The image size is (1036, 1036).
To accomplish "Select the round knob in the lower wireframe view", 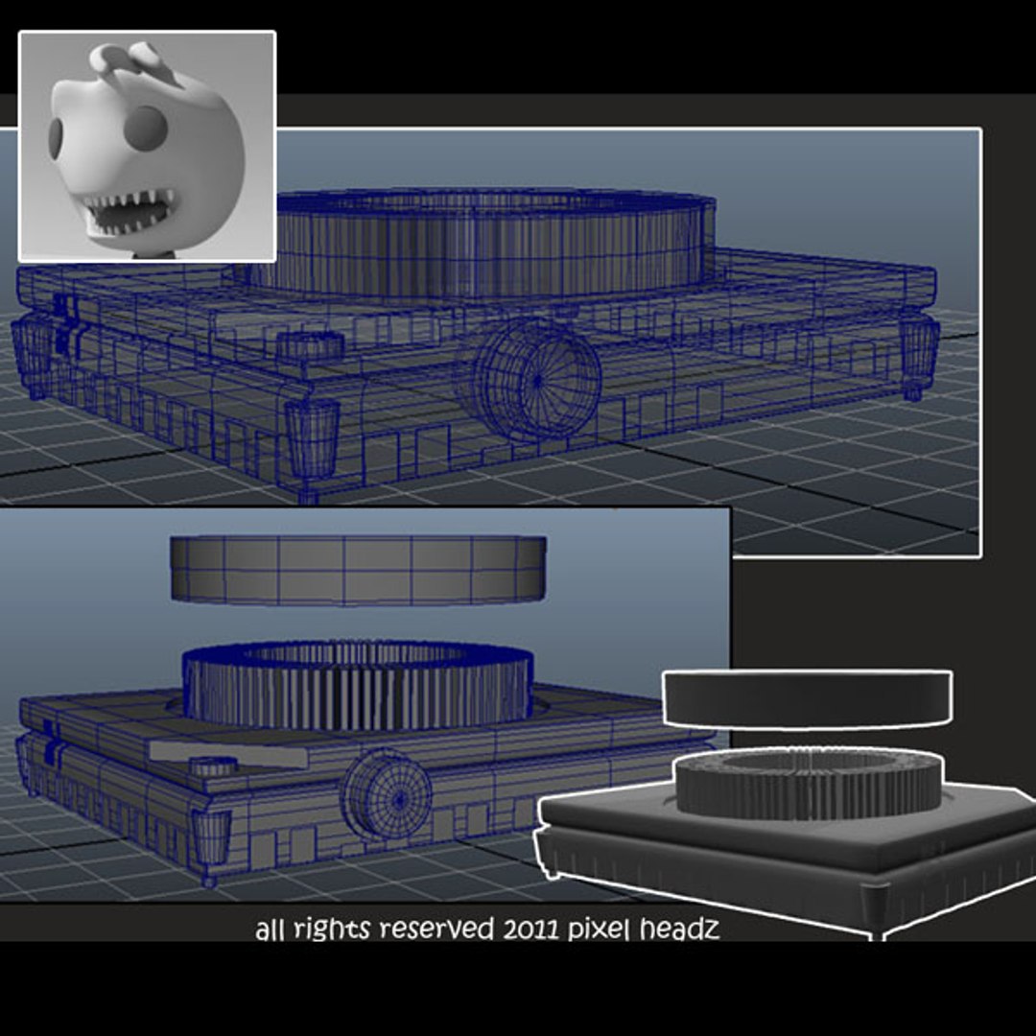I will (x=387, y=794).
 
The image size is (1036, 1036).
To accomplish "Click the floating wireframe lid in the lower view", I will (x=358, y=570).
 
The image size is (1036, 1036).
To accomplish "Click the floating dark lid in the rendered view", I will (x=807, y=698).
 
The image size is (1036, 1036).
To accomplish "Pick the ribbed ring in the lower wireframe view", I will (x=357, y=686).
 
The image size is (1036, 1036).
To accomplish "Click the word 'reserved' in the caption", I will (x=436, y=930).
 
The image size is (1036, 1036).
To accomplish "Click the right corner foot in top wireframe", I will (x=918, y=352).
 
